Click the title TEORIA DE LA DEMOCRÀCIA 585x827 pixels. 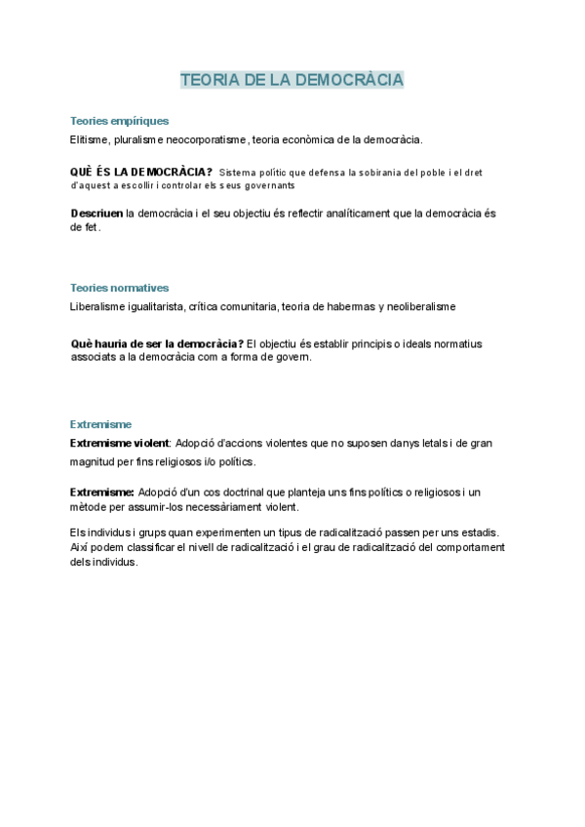click(292, 79)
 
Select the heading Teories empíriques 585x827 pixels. click(119, 121)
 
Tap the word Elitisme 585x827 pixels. click(91, 139)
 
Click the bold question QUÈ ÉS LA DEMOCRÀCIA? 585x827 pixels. click(141, 172)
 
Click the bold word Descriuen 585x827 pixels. click(97, 214)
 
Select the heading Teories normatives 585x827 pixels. click(119, 288)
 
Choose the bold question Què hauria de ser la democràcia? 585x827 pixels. click(157, 343)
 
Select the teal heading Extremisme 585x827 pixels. click(100, 424)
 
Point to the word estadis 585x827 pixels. click(475, 532)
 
